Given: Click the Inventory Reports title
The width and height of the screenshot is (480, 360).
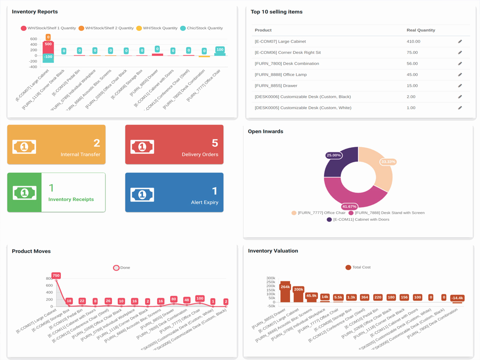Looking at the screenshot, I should click(x=35, y=12).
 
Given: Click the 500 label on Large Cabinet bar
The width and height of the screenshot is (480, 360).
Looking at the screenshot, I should click(x=48, y=44).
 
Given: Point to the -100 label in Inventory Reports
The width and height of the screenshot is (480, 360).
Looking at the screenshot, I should click(x=48, y=57).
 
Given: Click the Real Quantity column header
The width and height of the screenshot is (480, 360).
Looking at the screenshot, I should click(x=420, y=30).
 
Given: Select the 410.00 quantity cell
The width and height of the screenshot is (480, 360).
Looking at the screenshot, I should click(x=413, y=41).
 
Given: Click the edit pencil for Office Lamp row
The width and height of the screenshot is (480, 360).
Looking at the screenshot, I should click(x=460, y=75).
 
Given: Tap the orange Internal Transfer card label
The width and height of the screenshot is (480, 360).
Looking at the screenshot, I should click(x=80, y=154).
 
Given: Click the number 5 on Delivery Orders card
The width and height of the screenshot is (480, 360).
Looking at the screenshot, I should click(x=215, y=143).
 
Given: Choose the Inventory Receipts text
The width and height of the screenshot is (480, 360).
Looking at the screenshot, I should click(x=71, y=199).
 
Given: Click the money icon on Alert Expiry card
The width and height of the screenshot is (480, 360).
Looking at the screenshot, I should click(x=142, y=194).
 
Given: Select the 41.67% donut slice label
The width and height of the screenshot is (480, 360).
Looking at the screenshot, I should click(x=349, y=206).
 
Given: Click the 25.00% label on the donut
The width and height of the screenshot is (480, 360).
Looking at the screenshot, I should click(x=333, y=155).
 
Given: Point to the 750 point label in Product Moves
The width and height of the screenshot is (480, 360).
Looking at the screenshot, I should click(x=56, y=276).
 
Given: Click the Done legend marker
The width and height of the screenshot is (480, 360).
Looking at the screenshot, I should click(x=116, y=268).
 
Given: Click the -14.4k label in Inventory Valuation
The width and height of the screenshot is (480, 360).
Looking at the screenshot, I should click(x=457, y=298).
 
